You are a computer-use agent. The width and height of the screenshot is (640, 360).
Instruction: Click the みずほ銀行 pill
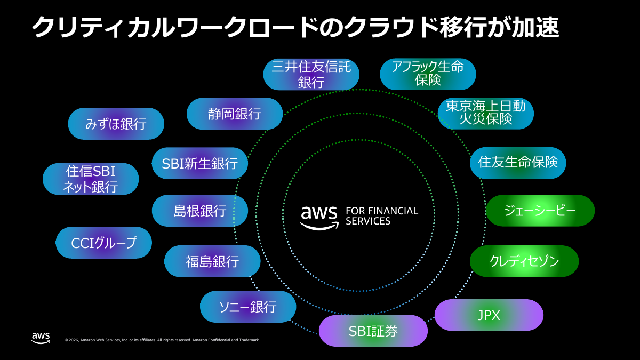(116, 124)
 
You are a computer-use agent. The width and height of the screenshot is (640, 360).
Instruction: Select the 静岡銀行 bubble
(235, 114)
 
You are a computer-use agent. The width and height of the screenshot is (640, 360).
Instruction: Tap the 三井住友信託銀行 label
(311, 74)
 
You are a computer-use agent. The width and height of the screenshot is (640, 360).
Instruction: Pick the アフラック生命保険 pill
(427, 74)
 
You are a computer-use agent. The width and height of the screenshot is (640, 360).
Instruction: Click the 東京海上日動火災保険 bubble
(485, 113)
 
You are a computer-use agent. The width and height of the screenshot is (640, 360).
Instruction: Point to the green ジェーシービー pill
(540, 211)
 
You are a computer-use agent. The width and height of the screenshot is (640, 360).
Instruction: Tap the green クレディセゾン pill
(524, 261)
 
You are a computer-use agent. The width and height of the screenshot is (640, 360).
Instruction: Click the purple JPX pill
(489, 315)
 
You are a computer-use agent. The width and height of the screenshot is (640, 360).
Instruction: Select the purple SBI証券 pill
(373, 331)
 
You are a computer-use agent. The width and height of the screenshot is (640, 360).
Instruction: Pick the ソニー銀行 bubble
(247, 307)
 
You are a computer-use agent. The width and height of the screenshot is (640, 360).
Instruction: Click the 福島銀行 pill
(212, 261)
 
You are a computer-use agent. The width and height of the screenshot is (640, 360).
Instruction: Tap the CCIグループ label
(104, 243)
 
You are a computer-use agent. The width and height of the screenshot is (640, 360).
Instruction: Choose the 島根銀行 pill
(200, 211)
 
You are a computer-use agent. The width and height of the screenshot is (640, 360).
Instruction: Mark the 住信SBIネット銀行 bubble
(91, 179)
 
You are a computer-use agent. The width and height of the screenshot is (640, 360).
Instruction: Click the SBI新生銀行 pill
(200, 163)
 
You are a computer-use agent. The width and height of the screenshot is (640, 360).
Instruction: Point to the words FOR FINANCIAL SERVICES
(382, 216)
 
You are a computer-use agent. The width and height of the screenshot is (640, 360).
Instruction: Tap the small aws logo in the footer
(41, 338)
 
